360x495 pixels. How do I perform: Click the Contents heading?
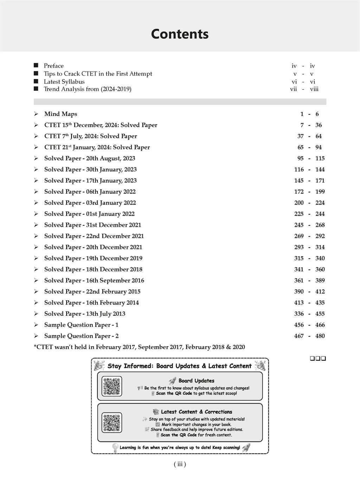pyautogui.click(x=180, y=34)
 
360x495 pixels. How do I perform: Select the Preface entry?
pyautogui.click(x=53, y=66)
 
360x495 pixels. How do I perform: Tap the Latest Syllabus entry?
pyautogui.click(x=64, y=82)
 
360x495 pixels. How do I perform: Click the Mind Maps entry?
pyautogui.click(x=60, y=114)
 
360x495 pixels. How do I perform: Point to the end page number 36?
pyautogui.click(x=319, y=125)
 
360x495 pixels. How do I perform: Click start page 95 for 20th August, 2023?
pyautogui.click(x=300, y=159)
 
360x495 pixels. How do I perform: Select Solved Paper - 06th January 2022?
pyautogui.click(x=90, y=192)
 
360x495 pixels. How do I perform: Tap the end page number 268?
pyautogui.click(x=320, y=225)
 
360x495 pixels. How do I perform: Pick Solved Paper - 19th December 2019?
pyautogui.click(x=93, y=258)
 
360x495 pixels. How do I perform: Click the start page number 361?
pyautogui.click(x=299, y=281)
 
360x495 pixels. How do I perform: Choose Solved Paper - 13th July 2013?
pyautogui.click(x=85, y=314)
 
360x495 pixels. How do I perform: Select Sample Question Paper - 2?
pyautogui.click(x=81, y=336)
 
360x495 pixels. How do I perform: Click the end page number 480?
pyautogui.click(x=320, y=336)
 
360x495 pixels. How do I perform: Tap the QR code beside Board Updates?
pyautogui.click(x=112, y=386)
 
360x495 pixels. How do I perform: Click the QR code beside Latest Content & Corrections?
pyautogui.click(x=112, y=423)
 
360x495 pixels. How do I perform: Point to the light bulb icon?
pyautogui.click(x=115, y=447)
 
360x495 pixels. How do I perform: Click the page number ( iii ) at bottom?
pyautogui.click(x=180, y=464)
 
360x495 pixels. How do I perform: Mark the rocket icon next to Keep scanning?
pyautogui.click(x=246, y=448)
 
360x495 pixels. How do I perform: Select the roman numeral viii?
pyautogui.click(x=314, y=89)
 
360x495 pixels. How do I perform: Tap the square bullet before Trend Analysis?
pyautogui.click(x=36, y=89)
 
